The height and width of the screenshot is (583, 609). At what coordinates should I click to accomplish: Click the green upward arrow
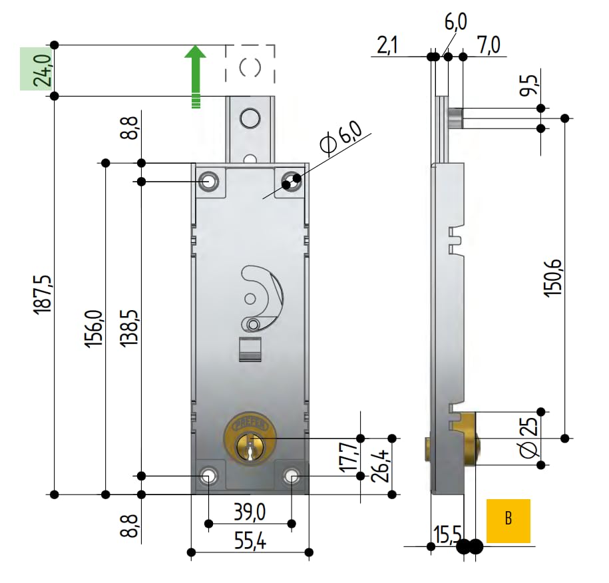(196, 77)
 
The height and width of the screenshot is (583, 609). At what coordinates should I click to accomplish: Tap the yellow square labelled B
(508, 520)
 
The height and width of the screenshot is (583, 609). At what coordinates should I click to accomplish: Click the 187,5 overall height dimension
(43, 294)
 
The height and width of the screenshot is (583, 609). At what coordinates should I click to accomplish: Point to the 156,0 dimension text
(95, 329)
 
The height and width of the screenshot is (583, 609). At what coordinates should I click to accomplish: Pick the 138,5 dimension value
(129, 328)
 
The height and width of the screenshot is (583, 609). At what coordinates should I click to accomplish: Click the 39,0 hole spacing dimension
(250, 512)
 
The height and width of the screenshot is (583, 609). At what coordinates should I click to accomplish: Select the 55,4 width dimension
(250, 540)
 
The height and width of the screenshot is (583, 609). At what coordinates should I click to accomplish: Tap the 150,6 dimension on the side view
(553, 278)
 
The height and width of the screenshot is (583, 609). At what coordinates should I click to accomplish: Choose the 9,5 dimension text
(530, 85)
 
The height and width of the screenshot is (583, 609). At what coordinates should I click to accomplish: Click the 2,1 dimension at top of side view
(387, 46)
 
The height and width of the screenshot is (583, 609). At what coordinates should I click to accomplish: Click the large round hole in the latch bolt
(250, 118)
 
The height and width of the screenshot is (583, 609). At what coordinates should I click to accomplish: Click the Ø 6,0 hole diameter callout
(341, 138)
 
